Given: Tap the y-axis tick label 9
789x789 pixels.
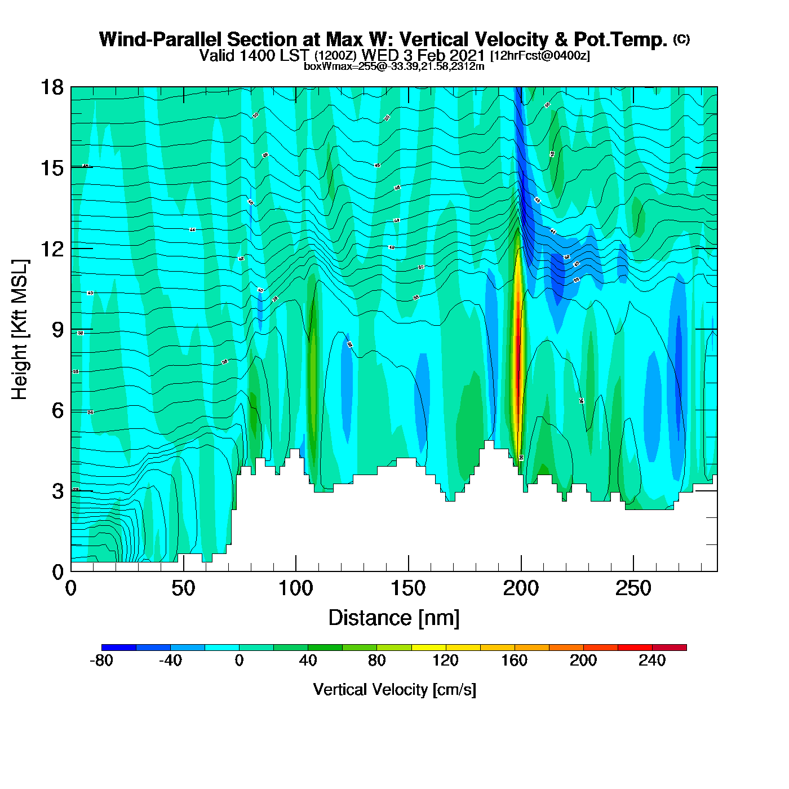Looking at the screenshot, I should coord(57,330).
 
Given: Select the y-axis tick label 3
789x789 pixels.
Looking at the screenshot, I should coord(57,491).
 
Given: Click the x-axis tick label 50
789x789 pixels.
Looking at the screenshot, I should coord(183,589).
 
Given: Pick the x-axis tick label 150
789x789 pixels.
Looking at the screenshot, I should coord(408,589).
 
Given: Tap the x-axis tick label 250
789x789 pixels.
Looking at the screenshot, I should coord(633,589).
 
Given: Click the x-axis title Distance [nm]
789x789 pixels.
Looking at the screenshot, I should coord(394,618).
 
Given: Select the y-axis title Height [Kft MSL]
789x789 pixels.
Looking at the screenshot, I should coord(20,330).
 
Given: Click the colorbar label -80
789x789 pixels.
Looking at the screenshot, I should coord(101,661).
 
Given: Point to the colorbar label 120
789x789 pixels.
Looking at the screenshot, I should coord(445,661).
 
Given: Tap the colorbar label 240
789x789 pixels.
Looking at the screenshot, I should coord(652,661).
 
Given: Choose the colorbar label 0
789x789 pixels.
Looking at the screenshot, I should coord(239,661).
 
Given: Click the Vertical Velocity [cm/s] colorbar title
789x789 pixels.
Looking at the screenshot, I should coord(394,689).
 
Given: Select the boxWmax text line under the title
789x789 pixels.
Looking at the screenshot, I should coord(394,66).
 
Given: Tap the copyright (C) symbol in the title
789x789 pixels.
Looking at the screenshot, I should coord(681,39).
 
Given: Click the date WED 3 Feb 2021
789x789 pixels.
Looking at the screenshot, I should coord(423,55).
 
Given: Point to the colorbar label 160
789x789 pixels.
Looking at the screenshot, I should coord(514,661).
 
